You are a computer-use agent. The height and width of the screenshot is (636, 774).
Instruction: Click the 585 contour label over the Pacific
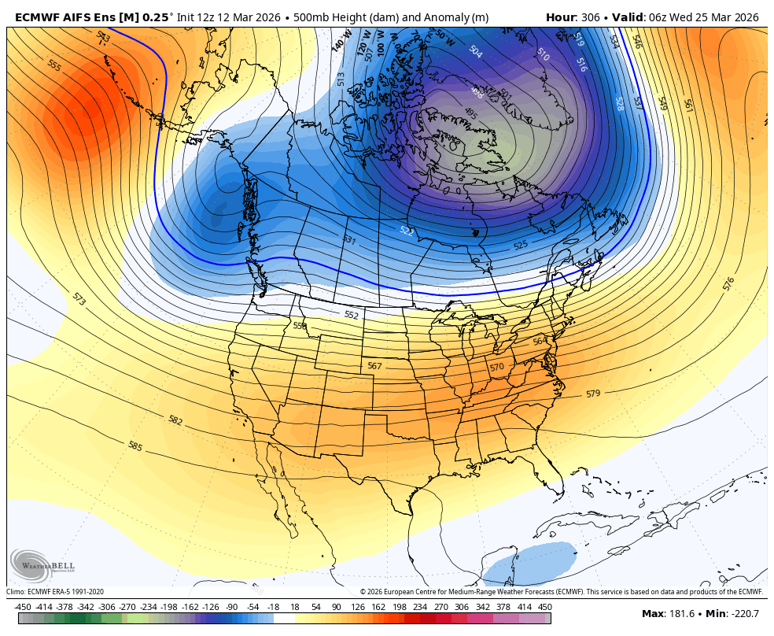[135, 446]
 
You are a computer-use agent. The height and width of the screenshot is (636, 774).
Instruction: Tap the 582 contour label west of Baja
[175, 420]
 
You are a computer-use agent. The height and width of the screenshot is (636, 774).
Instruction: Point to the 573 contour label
[79, 298]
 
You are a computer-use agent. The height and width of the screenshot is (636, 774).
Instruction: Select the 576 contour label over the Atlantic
[728, 282]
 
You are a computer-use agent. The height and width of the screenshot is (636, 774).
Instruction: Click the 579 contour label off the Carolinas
[593, 393]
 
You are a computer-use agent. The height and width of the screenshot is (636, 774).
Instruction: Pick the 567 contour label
[374, 366]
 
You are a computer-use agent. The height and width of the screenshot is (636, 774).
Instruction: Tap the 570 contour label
[496, 367]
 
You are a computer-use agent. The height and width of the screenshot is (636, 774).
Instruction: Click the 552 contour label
[351, 315]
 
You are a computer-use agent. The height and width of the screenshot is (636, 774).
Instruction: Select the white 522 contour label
[406, 231]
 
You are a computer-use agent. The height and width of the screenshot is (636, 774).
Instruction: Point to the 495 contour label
[470, 114]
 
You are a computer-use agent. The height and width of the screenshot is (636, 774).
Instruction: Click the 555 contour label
[54, 65]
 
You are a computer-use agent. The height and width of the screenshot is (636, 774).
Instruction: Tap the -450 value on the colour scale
[22, 607]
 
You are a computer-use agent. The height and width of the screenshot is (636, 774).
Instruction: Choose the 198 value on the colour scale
[399, 607]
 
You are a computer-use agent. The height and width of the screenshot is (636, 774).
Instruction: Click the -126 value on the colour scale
[210, 607]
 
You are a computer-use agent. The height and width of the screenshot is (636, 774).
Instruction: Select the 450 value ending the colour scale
[544, 607]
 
